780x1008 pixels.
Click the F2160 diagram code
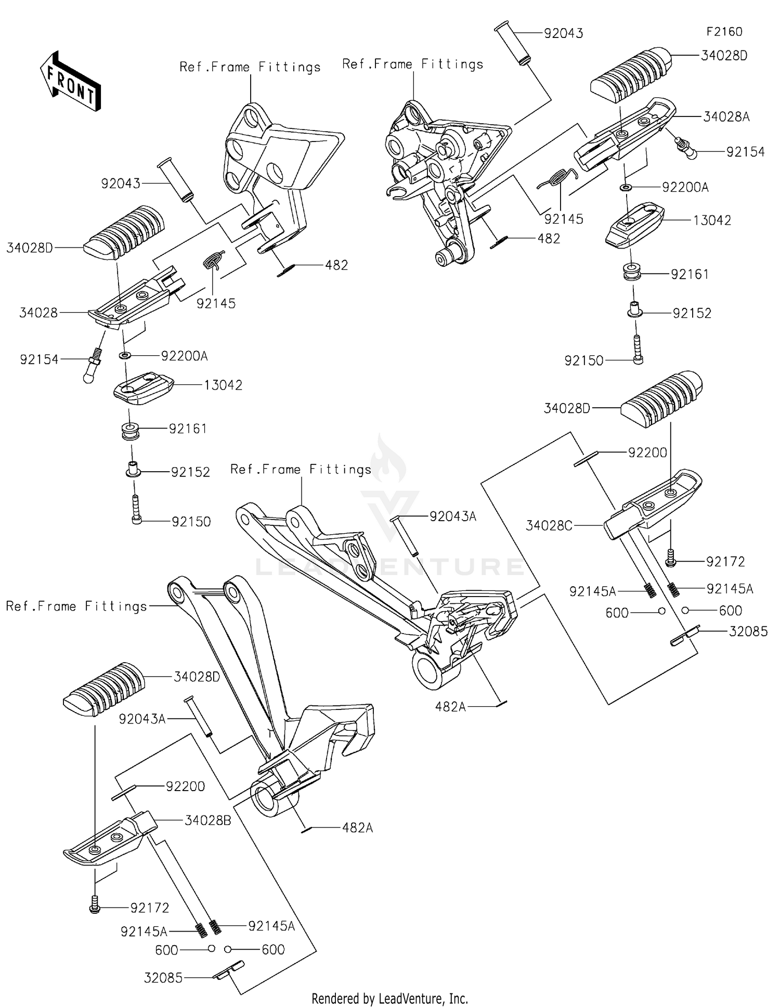tap(724, 32)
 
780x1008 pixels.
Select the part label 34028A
tap(726, 117)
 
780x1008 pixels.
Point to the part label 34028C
tap(549, 526)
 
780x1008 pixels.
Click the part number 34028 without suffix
tap(38, 313)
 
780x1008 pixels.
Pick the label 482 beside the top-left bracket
tap(336, 265)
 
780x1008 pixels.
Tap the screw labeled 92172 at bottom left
tap(94, 908)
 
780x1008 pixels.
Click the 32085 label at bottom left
tap(163, 978)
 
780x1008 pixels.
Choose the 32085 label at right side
tap(748, 631)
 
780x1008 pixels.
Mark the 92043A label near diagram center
tap(452, 516)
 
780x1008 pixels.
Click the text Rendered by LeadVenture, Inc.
tap(389, 999)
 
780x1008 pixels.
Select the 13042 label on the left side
tap(223, 385)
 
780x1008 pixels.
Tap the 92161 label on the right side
tap(690, 275)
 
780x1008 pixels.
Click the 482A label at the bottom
tap(357, 828)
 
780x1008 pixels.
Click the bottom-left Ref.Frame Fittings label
tap(76, 606)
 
